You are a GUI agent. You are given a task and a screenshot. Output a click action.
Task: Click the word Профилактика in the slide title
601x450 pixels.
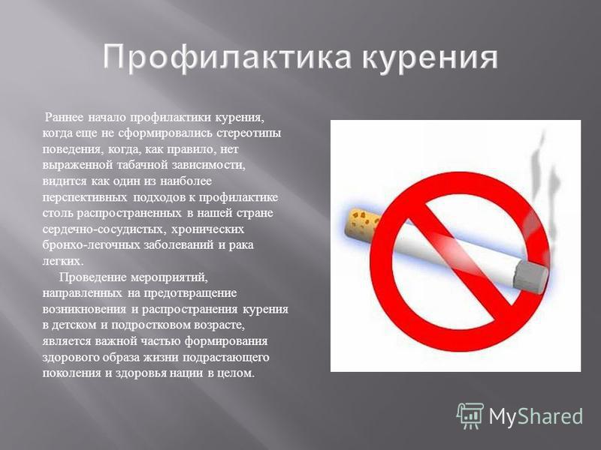pyautogui.click(x=227, y=58)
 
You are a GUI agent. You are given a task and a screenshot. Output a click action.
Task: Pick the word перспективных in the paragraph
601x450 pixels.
pyautogui.click(x=84, y=197)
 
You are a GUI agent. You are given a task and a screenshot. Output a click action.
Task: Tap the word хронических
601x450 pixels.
pyautogui.click(x=207, y=229)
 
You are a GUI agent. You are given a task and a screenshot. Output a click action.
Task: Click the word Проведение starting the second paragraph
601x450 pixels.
pyautogui.click(x=92, y=277)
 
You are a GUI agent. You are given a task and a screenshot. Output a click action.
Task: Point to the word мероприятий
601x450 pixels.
pyautogui.click(x=169, y=277)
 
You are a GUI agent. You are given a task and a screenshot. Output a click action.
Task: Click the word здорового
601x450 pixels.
pyautogui.click(x=71, y=358)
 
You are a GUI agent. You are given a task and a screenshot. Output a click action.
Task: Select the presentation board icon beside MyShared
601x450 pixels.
pyautogui.click(x=470, y=415)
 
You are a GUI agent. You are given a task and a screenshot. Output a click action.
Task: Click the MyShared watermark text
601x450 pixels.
pyautogui.click(x=536, y=416)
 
